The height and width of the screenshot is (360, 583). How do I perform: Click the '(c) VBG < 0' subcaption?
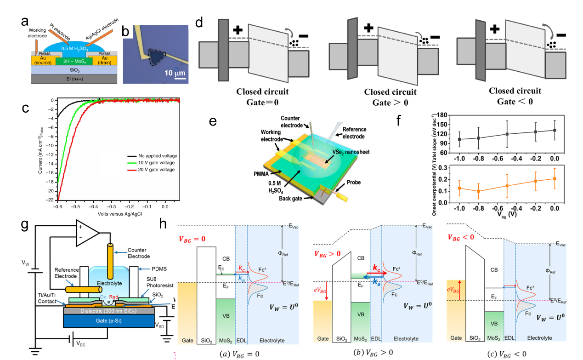(x=504, y=354)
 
